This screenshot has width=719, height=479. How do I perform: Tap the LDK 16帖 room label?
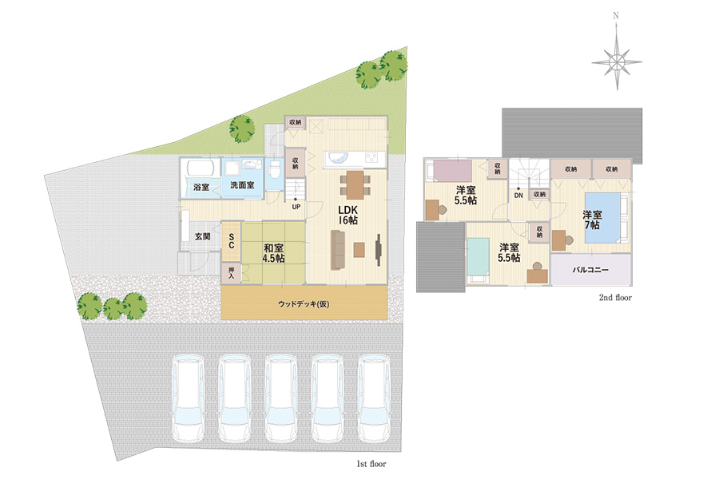[x=348, y=215]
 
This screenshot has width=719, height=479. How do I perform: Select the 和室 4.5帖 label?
[x=273, y=253]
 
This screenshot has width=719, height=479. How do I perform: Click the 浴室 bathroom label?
[x=201, y=187]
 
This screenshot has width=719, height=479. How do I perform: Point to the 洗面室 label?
[x=242, y=185]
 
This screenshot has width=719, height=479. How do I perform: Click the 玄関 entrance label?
[x=203, y=236]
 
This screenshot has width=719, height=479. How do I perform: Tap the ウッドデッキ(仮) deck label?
[x=304, y=304]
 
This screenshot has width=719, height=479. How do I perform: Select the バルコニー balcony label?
[x=590, y=270]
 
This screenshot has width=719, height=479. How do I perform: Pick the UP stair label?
[x=296, y=208]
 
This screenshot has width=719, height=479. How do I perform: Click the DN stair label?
[x=518, y=196]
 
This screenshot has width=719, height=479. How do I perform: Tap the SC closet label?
[x=232, y=241]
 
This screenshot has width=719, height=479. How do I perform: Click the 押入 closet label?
[x=231, y=273]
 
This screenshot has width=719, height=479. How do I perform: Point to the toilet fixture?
[x=275, y=169]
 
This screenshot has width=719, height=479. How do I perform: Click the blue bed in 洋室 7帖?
[x=602, y=218]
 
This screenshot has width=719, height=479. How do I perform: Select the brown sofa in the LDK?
[x=338, y=250]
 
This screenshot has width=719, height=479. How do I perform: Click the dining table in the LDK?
[x=355, y=184]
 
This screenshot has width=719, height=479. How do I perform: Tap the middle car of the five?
[x=280, y=398]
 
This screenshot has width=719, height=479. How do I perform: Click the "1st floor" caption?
[x=371, y=464]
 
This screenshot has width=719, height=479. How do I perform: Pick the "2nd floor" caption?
[x=615, y=298]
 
